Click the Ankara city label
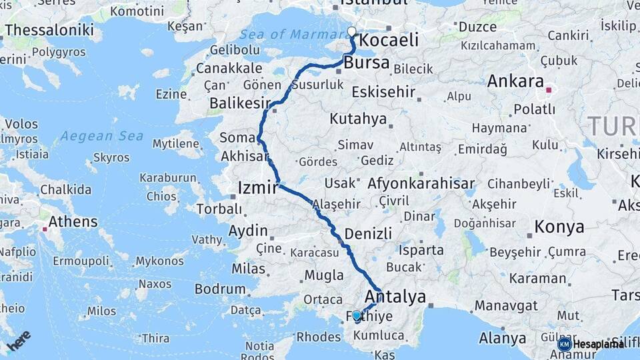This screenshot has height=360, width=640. tap(515, 82)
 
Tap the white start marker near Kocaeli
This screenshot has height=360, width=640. tap(352, 31)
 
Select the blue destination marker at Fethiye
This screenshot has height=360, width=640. tap(357, 315)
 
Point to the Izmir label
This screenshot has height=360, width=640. tap(257, 189)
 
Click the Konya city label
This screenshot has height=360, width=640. tap(559, 227)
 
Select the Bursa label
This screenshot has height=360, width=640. tap(367, 63)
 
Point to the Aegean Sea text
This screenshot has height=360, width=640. tap(101, 136)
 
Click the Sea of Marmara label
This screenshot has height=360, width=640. tap(290, 34)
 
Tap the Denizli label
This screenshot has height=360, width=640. tap(368, 233)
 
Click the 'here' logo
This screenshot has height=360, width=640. tap(19, 340)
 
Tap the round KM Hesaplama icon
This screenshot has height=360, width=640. tap(565, 344)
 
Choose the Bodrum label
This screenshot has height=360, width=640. tap(221, 289)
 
